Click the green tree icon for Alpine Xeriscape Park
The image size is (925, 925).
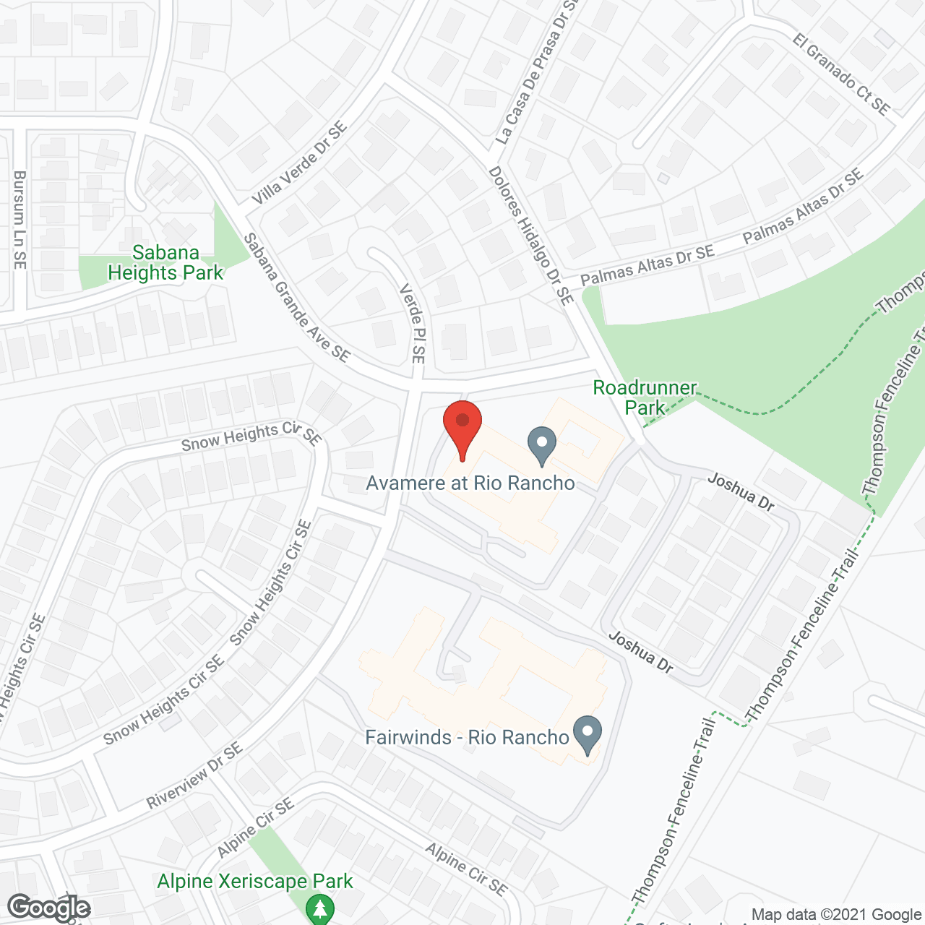coord(319,908)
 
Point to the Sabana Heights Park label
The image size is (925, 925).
coord(165,263)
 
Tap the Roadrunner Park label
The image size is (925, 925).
coord(645,397)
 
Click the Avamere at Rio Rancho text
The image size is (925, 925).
coord(470,483)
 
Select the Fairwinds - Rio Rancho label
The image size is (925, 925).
coord(467,737)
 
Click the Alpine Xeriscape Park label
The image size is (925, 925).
coord(255,882)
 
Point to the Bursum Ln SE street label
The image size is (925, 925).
coord(20,220)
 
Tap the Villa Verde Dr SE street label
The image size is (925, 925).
coord(299,163)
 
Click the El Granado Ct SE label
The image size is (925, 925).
coord(841,74)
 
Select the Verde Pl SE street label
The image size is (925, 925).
coord(413,323)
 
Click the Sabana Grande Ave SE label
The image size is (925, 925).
coord(296,298)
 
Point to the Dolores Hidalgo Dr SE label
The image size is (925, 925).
coord(531,236)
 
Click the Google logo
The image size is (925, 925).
coord(49,908)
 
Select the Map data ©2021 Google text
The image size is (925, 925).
coord(836,914)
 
